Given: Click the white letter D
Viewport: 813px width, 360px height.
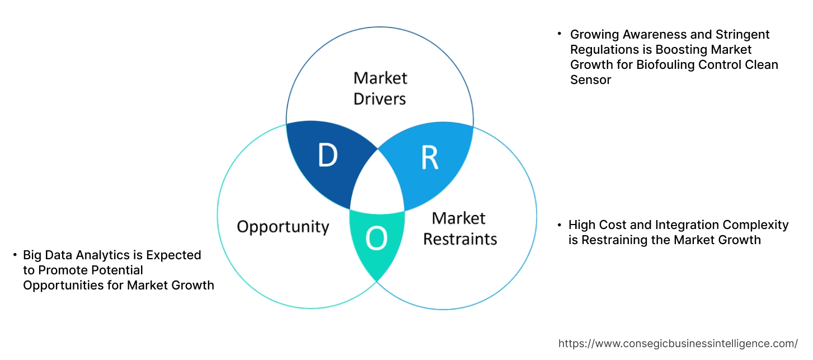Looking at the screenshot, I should (x=327, y=155).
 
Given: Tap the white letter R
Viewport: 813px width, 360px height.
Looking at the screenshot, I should (x=429, y=158).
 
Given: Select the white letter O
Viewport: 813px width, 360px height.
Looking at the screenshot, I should (x=376, y=239).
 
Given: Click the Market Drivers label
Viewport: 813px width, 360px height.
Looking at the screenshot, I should (x=380, y=88).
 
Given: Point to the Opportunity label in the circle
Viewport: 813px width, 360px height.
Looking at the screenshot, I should (x=283, y=227).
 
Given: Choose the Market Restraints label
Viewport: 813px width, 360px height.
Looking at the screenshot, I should (x=459, y=228).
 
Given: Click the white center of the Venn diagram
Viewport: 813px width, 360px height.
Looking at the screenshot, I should (x=377, y=185).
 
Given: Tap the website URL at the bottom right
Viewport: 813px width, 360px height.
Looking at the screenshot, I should (x=678, y=343).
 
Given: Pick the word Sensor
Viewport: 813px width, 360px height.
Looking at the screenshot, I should (x=590, y=80).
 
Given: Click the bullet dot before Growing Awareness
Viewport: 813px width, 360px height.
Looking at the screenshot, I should (x=558, y=34).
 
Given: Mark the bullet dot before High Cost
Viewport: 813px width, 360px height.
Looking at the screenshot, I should (x=559, y=225).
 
